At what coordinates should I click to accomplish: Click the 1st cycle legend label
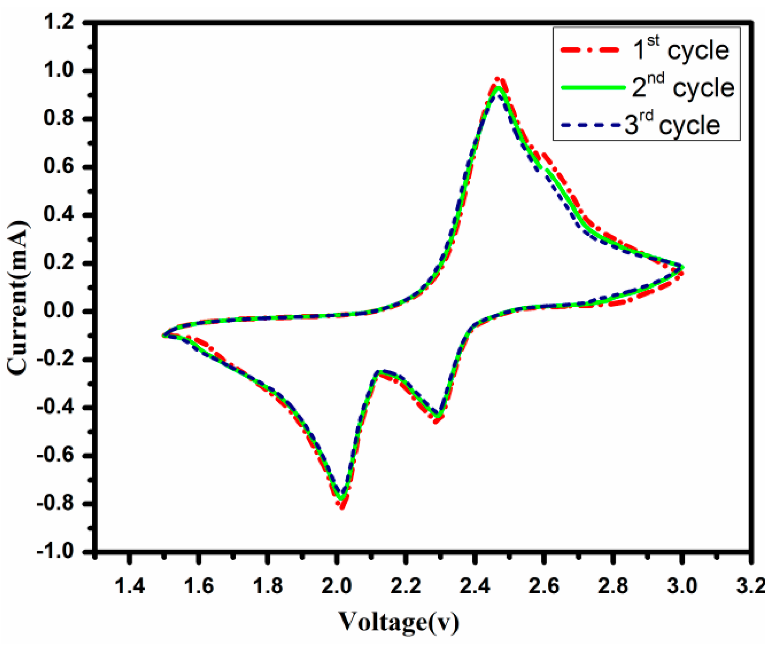tap(680, 50)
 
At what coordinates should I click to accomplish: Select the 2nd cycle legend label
tap(683, 87)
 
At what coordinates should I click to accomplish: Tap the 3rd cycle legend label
tap(672, 125)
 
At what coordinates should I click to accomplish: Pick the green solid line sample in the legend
tap(593, 88)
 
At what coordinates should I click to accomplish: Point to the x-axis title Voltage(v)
tap(399, 622)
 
